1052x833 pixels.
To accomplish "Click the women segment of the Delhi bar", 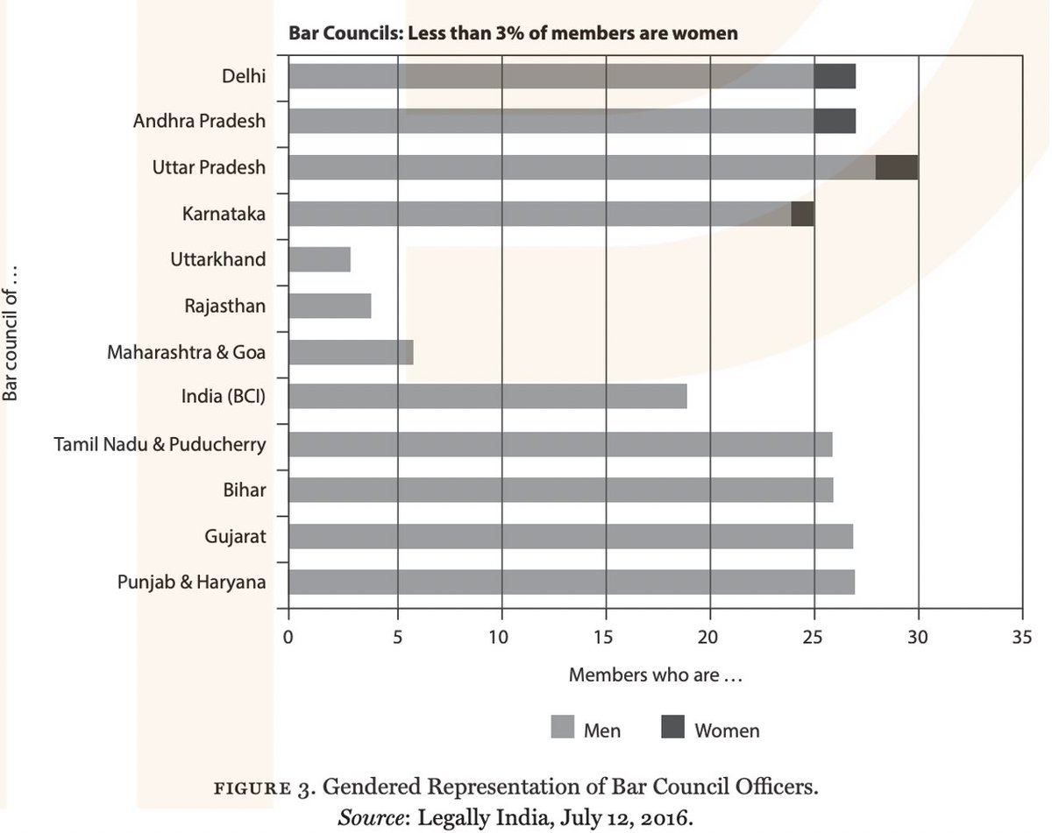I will (x=835, y=76).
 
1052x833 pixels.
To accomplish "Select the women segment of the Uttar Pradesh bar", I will (x=897, y=167).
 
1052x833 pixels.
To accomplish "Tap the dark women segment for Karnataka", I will (x=802, y=214).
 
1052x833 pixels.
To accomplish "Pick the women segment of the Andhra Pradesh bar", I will (x=835, y=121).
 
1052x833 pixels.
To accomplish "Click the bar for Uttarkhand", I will (x=319, y=259).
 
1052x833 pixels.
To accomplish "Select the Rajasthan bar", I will (x=330, y=306).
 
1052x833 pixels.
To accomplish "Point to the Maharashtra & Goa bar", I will (x=351, y=352).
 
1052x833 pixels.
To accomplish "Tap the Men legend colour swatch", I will (x=562, y=729).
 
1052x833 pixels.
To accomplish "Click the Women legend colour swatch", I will (x=672, y=729).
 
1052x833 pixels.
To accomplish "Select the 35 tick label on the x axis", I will (x=1021, y=639).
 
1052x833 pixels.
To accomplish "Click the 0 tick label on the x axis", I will (x=288, y=639).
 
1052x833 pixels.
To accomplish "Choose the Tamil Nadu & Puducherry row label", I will (x=160, y=443).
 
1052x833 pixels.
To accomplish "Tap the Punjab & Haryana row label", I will (x=191, y=581).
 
